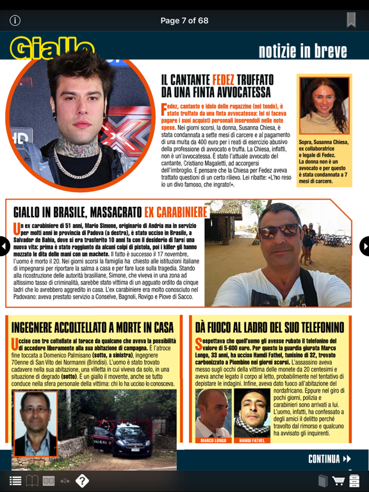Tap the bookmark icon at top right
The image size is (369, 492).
(x=351, y=20)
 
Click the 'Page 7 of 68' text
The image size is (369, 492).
(x=184, y=20)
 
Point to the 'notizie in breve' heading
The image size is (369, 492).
(x=302, y=51)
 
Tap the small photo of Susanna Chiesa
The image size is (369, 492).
(x=324, y=106)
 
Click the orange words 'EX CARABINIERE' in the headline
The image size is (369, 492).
(x=176, y=211)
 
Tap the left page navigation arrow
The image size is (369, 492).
(x=4, y=246)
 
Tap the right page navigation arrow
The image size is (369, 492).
(x=365, y=246)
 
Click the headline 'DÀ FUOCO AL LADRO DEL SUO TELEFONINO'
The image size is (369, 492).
(x=270, y=327)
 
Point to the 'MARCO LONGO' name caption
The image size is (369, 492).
(x=213, y=441)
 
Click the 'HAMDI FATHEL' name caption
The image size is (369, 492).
(x=252, y=441)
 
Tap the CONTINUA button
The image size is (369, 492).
(x=329, y=459)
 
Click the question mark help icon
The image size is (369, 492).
(x=82, y=480)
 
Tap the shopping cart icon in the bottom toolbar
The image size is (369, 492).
(x=338, y=480)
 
